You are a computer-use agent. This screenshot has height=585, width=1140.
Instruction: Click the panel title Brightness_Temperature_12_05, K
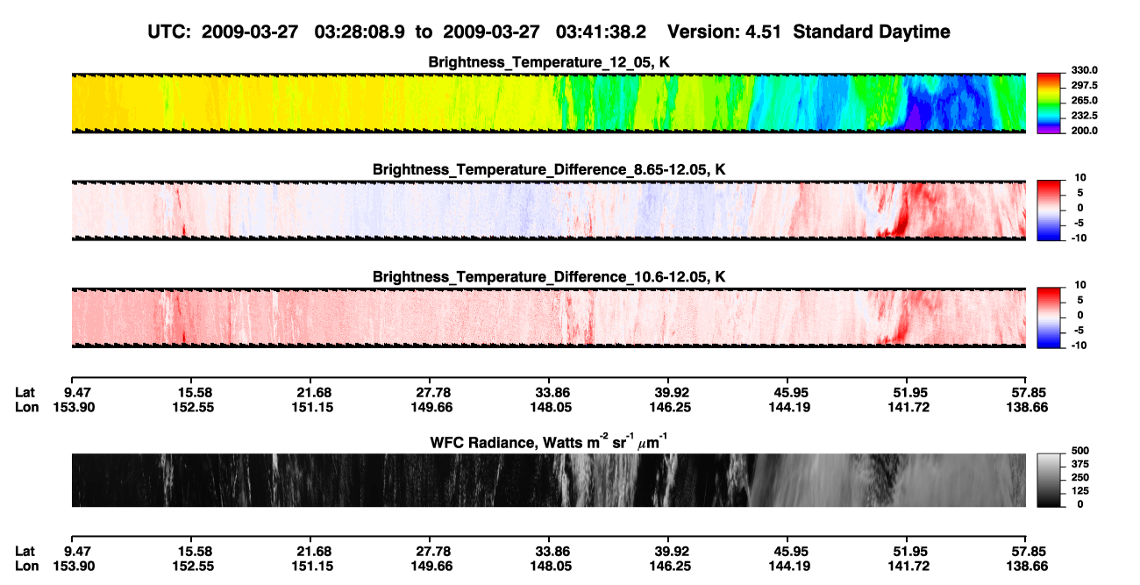tap(549, 62)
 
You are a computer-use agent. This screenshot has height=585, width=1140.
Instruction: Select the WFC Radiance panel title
tap(549, 442)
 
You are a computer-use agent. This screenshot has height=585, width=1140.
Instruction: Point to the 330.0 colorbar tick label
tap(1084, 70)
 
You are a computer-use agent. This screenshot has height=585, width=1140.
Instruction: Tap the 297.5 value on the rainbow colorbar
tap(1084, 85)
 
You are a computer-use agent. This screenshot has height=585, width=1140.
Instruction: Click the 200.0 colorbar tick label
tap(1084, 131)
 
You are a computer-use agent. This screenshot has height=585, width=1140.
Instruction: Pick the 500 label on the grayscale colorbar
tap(1080, 451)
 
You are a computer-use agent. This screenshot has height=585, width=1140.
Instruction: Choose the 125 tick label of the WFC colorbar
tap(1080, 491)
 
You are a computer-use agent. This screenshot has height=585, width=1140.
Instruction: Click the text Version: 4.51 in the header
tap(723, 32)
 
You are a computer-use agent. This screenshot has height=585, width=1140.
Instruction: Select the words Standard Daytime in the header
tap(872, 32)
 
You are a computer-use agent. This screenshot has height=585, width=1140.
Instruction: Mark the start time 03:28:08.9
tap(360, 32)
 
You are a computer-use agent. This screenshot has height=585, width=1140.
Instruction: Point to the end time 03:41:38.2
tap(601, 32)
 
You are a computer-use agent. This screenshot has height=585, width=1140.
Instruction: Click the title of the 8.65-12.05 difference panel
tap(549, 169)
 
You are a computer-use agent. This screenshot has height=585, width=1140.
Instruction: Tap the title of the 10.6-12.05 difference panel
tap(549, 277)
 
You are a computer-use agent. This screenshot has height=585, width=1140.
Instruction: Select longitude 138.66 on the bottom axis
tap(1027, 567)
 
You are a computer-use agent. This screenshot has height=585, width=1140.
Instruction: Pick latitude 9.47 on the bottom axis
tap(77, 552)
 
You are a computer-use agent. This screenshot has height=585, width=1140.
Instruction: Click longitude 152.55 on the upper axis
tap(193, 407)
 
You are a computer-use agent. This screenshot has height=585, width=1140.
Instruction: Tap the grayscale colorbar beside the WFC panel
tap(1049, 480)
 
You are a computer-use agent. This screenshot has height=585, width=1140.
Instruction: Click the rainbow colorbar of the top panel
tap(1049, 103)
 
